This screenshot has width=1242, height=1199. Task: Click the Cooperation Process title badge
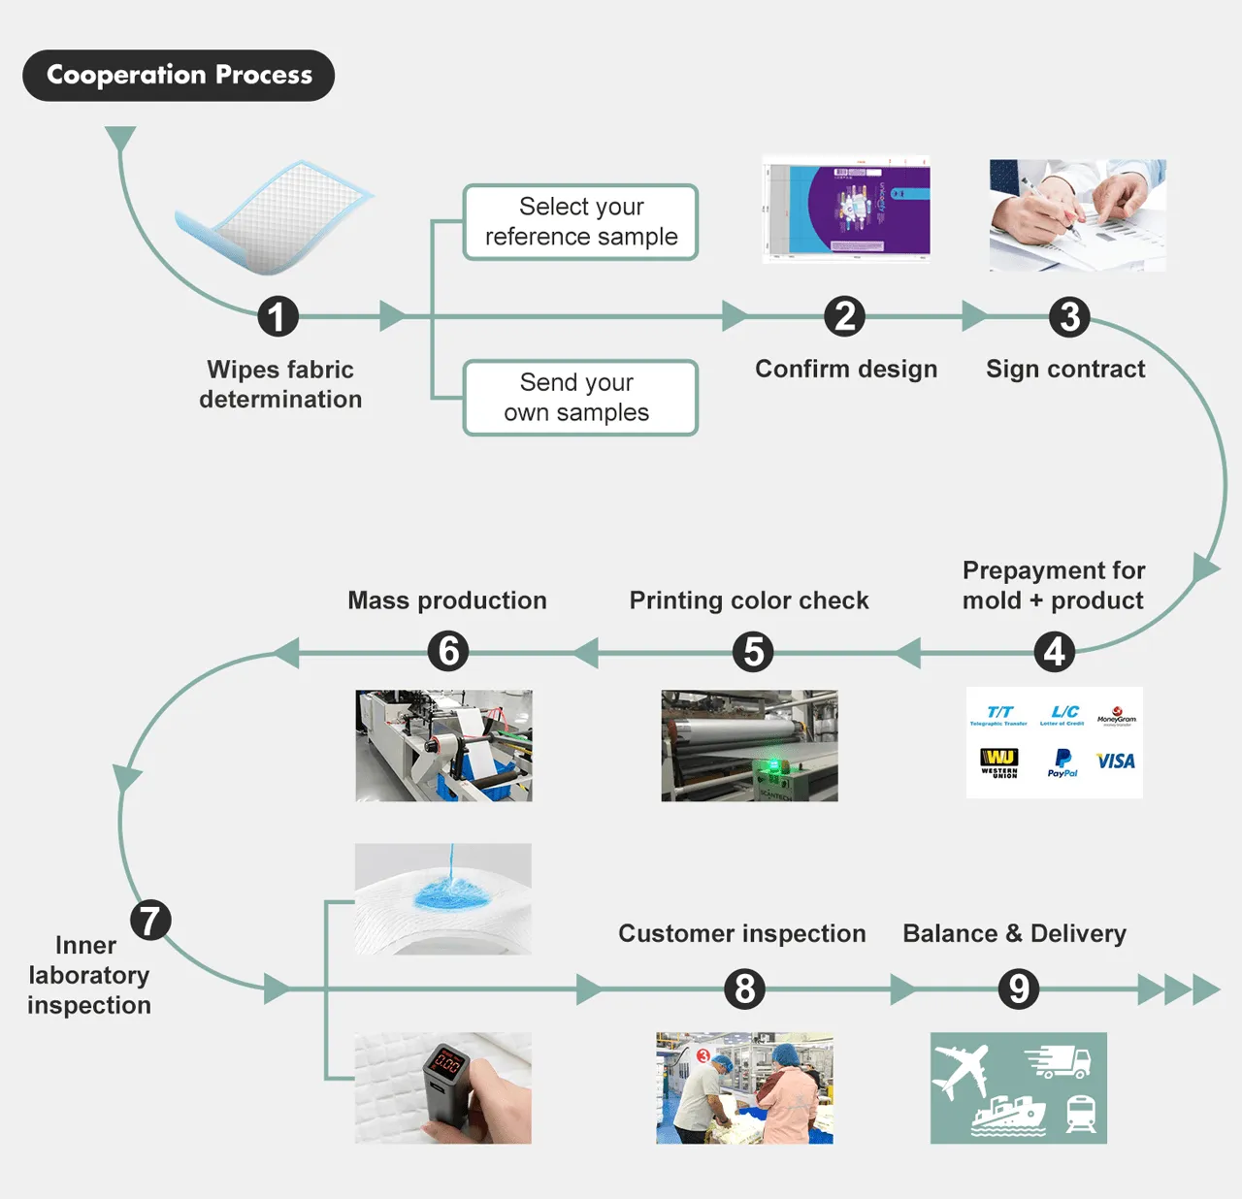pyautogui.click(x=179, y=76)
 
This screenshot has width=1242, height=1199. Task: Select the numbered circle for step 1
pyautogui.click(x=278, y=316)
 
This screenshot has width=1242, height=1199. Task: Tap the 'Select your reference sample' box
pyautogui.click(x=580, y=222)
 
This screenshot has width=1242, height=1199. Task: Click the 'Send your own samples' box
pyautogui.click(x=580, y=398)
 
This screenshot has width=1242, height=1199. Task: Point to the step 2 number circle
pyautogui.click(x=844, y=316)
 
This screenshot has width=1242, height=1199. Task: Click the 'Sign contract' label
pyautogui.click(x=1065, y=370)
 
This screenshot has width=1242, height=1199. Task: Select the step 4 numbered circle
pyautogui.click(x=1054, y=652)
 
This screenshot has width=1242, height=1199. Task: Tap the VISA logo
pyautogui.click(x=1115, y=762)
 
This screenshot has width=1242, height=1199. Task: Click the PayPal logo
pyautogui.click(x=1062, y=762)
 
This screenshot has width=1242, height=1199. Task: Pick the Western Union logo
pyautogui.click(x=998, y=762)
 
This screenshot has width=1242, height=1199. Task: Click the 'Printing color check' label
pyautogui.click(x=749, y=600)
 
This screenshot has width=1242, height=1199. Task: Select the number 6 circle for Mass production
pyautogui.click(x=448, y=652)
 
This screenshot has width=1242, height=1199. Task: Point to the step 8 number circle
pyautogui.click(x=744, y=989)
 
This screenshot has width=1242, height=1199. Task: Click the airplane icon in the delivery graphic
pyautogui.click(x=960, y=1071)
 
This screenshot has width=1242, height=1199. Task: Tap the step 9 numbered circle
pyautogui.click(x=1019, y=989)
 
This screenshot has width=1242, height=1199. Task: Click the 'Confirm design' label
pyautogui.click(x=846, y=370)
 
